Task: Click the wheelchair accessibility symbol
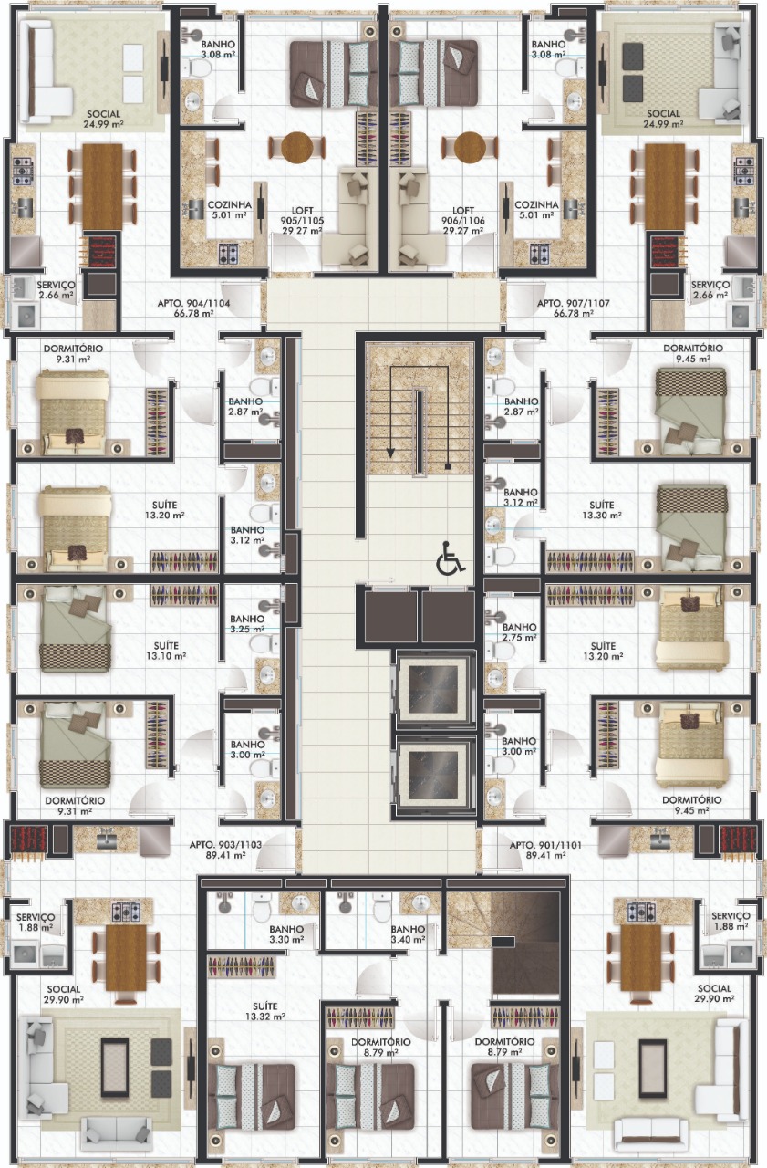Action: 451,558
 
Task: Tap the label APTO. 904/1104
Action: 194,308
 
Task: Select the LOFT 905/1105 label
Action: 302,221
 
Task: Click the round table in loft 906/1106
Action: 470,147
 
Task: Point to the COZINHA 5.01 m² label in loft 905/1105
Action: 229,210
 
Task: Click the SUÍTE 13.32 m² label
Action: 265,1011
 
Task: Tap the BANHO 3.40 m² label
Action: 408,934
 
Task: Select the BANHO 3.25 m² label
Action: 247,623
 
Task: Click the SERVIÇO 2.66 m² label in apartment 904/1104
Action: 56,290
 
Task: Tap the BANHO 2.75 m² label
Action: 520,632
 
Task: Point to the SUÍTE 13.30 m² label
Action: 602,510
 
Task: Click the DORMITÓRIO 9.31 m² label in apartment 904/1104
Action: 73,353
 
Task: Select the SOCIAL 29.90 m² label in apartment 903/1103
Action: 64,995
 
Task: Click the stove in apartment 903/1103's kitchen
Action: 127,912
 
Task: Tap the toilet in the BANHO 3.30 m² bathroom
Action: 262,907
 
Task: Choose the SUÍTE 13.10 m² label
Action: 166,651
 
